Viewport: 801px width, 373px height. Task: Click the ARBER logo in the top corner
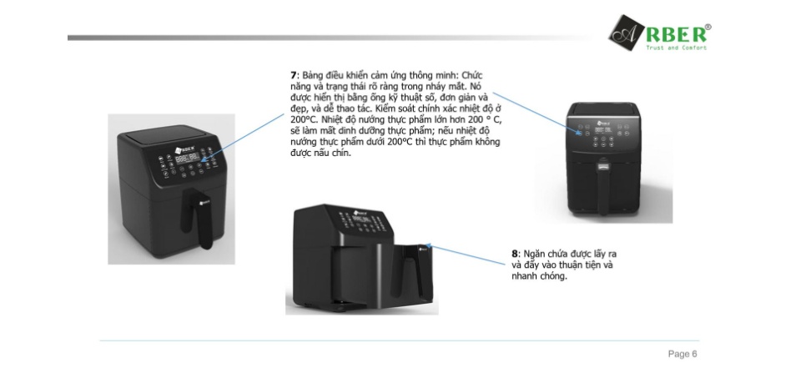[659, 33]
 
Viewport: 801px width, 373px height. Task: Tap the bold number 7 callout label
[293, 76]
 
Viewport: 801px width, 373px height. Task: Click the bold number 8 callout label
[515, 254]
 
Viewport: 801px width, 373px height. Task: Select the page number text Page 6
[683, 354]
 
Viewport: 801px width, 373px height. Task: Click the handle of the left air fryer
[199, 217]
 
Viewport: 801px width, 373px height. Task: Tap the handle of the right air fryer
[603, 187]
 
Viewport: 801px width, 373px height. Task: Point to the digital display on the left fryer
[188, 159]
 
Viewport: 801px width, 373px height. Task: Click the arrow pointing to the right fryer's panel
[537, 114]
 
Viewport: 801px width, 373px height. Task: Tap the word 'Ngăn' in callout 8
[534, 255]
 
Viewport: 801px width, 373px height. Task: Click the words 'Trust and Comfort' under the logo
[677, 48]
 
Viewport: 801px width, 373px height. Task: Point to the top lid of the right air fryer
[602, 110]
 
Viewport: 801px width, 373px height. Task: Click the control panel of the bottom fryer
[364, 221]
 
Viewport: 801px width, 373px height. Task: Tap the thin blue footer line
[399, 340]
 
